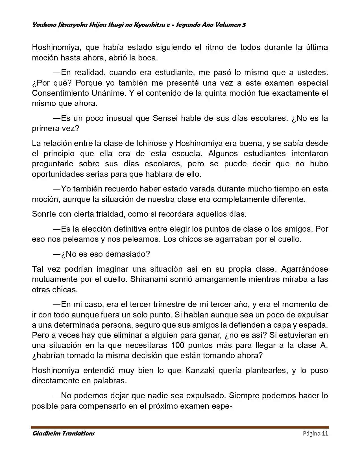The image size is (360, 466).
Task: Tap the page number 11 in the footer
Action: click(x=325, y=434)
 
